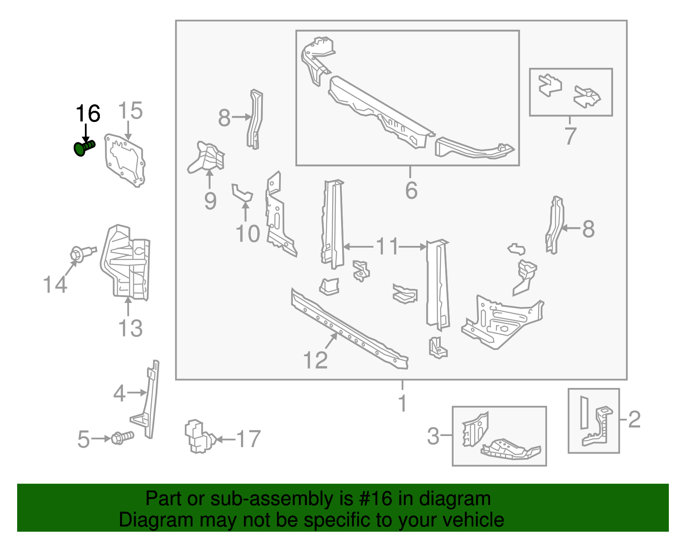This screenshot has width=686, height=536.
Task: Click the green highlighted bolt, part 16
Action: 83,148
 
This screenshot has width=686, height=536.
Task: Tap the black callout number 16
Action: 88,114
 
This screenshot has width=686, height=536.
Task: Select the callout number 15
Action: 130,111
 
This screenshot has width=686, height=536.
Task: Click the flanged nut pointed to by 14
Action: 78,254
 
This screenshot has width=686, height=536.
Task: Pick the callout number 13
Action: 130,328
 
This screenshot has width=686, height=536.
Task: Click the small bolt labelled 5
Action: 123,438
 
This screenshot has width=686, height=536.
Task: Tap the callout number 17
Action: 248,439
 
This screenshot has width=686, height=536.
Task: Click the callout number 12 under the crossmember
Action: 315,360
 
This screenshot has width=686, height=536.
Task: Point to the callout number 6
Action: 411,190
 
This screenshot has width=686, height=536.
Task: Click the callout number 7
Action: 570,136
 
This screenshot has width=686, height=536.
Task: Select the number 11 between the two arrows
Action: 387,247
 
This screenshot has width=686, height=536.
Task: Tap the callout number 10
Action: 247,234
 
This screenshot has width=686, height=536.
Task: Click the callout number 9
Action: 210,201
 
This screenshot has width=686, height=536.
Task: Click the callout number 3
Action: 433,436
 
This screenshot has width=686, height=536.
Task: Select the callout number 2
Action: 634,419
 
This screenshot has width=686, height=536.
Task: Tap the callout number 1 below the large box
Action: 402,403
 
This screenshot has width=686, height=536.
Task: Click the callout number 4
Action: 120,393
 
